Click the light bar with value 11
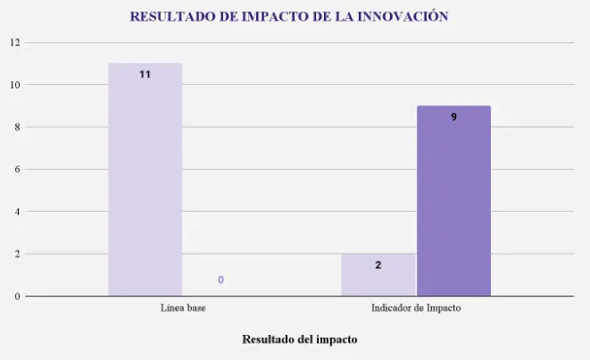click(x=145, y=179)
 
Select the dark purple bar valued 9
click(x=453, y=201)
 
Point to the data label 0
click(x=220, y=280)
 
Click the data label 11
click(x=145, y=75)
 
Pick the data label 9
click(x=453, y=117)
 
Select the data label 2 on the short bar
click(x=378, y=265)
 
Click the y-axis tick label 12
click(x=15, y=42)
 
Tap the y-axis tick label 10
click(x=15, y=85)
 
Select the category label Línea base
click(x=184, y=309)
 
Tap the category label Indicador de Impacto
click(x=416, y=309)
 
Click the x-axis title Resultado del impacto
click(x=300, y=339)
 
